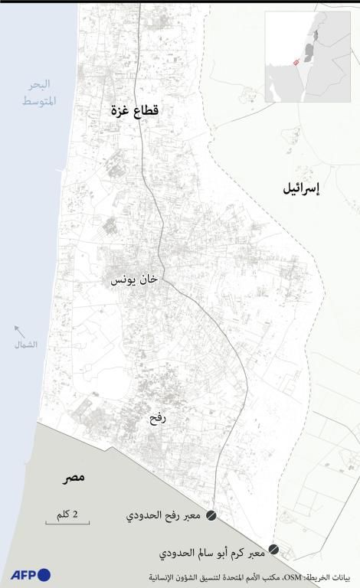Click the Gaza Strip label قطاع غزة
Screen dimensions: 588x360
[134, 113]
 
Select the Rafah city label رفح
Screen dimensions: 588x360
[158, 419]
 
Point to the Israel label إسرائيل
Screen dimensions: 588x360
[302, 188]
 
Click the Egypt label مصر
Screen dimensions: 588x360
[74, 479]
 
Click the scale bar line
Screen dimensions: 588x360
[67, 523]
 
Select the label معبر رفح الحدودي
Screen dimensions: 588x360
[164, 517]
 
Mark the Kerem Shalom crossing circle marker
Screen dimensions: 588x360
[273, 550]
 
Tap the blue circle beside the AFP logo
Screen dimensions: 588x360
[44, 575]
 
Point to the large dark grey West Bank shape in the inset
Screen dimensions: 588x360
[309, 52]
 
